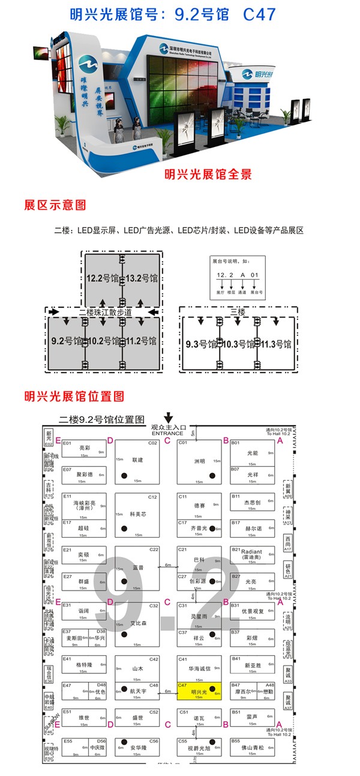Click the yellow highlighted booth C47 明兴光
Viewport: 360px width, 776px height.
(199, 691)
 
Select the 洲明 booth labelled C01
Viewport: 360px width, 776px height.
(199, 461)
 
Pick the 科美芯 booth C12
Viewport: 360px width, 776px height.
(137, 515)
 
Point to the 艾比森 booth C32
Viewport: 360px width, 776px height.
(137, 624)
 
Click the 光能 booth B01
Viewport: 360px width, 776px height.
(252, 453)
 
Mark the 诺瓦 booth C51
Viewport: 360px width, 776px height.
(199, 717)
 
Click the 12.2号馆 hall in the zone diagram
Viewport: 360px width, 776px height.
(101, 278)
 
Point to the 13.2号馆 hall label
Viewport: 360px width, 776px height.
(142, 278)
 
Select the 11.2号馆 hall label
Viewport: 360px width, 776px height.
(141, 341)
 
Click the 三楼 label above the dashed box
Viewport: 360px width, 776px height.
(238, 312)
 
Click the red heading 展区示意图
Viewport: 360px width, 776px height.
(55, 205)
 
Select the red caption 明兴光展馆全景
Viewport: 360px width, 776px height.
(208, 175)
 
